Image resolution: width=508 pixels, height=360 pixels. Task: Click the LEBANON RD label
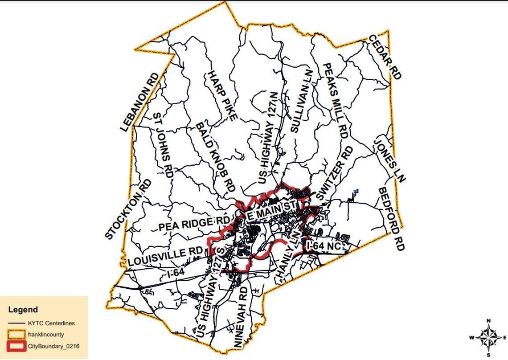click(x=139, y=102)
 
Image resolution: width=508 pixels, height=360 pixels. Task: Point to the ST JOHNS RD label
click(x=163, y=145)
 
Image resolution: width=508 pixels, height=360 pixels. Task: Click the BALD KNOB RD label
click(x=216, y=157)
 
